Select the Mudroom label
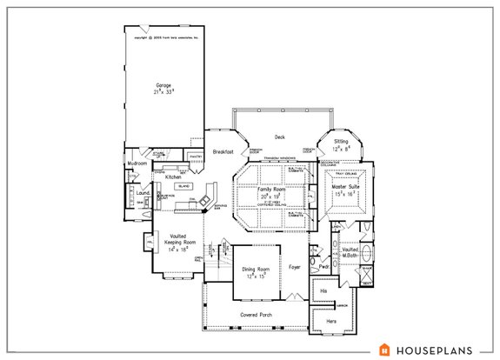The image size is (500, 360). [137, 163]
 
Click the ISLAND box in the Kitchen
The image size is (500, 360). [183, 186]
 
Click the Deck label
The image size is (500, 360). [280, 137]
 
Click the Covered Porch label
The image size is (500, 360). [257, 314]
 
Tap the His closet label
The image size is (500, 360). [323, 290]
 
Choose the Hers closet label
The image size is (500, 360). [331, 321]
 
